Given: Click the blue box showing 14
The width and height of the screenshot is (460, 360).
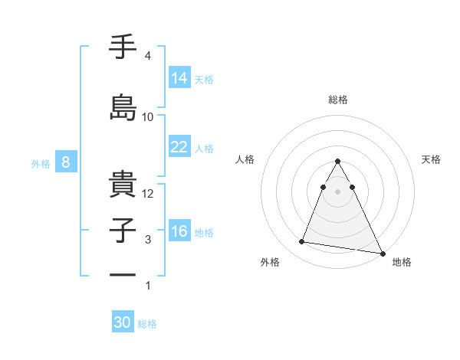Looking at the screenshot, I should point(179,78).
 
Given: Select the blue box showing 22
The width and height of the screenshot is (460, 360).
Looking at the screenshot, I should point(179,148).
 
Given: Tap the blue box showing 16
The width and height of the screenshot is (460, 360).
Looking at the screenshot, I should point(179,232).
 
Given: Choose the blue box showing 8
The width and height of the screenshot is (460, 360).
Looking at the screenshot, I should point(66,162).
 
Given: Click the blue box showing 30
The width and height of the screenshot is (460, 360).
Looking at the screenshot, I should point(123,322).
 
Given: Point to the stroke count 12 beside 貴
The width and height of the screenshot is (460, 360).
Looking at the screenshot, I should point(149,194).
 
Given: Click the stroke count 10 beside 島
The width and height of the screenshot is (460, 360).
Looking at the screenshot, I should point(148,116).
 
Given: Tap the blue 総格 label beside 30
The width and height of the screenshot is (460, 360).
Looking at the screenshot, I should point(147,324).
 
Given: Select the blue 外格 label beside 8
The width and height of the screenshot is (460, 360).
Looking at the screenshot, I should point(41,163).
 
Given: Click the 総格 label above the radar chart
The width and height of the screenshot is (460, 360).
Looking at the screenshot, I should point(337,100).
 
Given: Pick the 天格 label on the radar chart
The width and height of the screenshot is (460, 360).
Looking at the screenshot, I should point(432,159).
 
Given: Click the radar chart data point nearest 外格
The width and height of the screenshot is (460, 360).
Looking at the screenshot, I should point(302,242).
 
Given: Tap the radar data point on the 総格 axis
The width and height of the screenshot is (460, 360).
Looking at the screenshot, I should point(337,162).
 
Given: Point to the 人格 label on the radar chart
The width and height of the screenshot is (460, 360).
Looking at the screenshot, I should point(245,159).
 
